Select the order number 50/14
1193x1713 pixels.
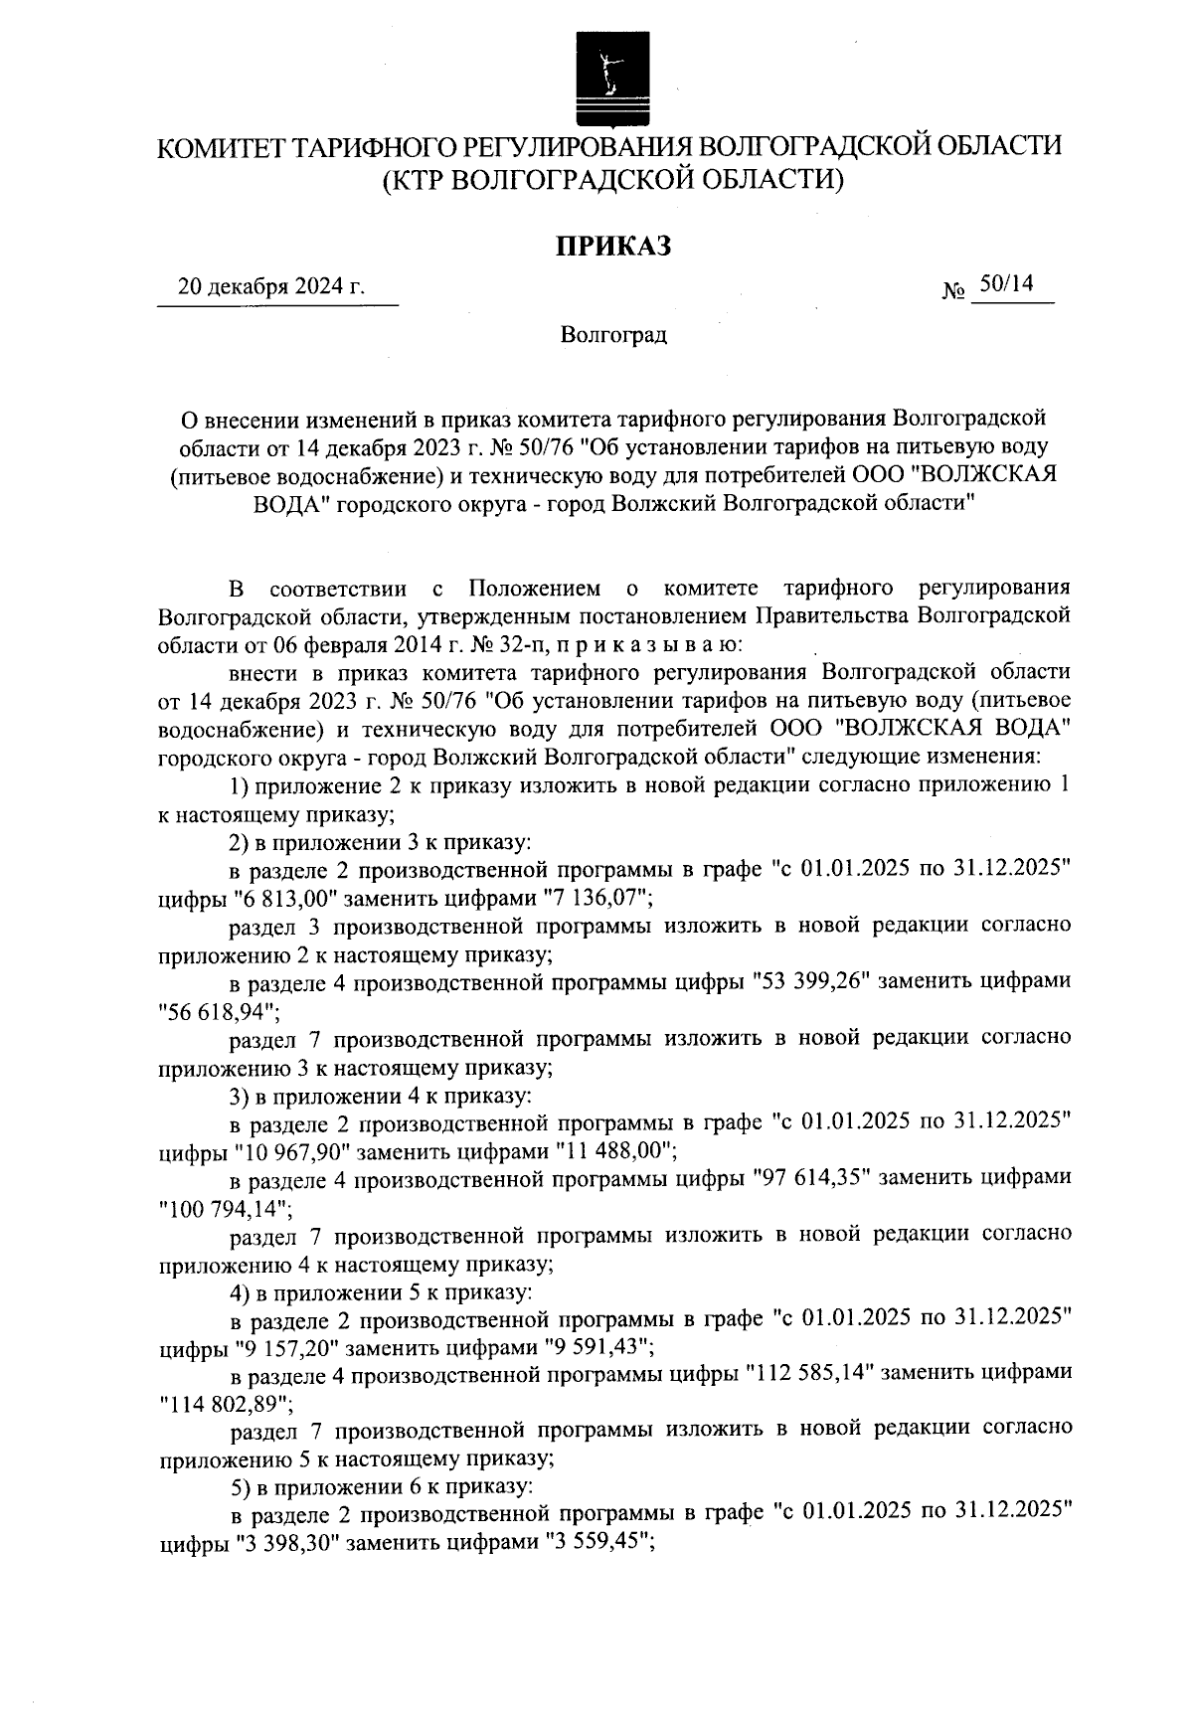1006,285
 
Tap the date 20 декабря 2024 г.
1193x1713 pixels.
270,288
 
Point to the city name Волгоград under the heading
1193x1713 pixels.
612,335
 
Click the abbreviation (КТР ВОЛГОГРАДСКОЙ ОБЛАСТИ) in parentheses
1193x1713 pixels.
612,180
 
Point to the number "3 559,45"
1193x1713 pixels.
598,1545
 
